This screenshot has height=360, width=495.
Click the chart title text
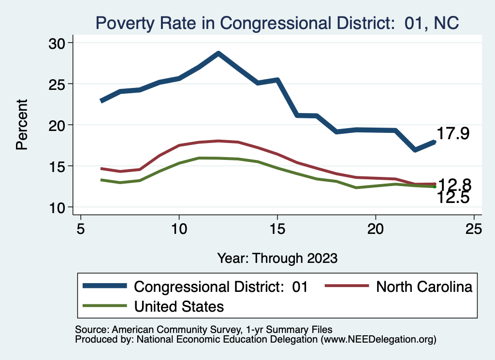pos(277,22)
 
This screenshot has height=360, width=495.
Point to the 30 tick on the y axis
pos(59,43)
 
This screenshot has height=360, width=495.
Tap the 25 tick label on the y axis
pos(59,84)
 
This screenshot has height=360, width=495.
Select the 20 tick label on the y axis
pos(59,125)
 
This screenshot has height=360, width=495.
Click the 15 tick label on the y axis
pos(59,166)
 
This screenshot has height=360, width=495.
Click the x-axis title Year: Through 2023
pos(277,258)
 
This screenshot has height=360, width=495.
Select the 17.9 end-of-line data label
pos(453,134)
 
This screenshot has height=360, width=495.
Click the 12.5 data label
pos(453,197)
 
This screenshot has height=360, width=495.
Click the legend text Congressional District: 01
pos(221,287)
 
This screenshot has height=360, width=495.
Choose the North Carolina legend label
pos(424,287)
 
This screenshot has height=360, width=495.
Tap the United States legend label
pos(179,306)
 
